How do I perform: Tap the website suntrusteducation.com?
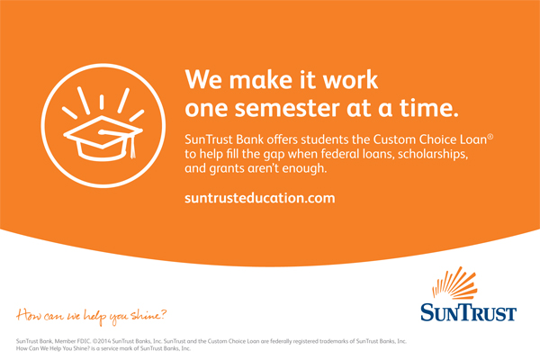(x=260, y=198)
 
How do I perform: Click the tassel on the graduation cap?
(x=132, y=147)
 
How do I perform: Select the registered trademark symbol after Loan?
(x=490, y=137)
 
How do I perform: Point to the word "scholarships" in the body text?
(x=433, y=154)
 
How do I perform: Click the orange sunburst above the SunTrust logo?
(x=454, y=283)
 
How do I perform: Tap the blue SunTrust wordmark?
(x=468, y=312)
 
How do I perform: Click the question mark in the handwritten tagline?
(x=163, y=313)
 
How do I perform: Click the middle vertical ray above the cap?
(x=102, y=103)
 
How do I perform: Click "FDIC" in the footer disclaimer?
(x=84, y=341)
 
